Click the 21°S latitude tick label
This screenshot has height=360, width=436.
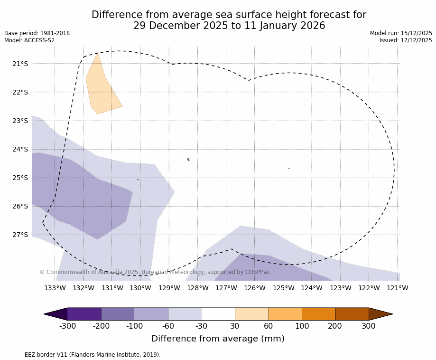point(20,64)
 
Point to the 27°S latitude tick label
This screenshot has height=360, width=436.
point(20,235)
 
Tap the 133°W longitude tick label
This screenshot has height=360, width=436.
point(55,288)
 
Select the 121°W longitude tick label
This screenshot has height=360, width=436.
point(398,288)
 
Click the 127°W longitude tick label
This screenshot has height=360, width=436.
point(226,288)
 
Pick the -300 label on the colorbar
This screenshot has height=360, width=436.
point(67,326)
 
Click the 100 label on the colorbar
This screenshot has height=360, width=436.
point(302,326)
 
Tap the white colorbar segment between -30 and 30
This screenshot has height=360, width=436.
point(218,314)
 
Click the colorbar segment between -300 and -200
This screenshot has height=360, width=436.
point(84,314)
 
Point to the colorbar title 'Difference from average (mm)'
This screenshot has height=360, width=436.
point(218,339)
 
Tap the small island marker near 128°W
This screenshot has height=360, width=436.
point(188,160)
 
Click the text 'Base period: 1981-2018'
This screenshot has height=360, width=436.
point(37,33)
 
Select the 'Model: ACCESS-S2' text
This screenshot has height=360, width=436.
point(29,40)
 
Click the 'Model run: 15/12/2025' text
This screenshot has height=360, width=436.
point(401,33)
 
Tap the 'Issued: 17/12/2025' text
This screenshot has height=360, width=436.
point(406,40)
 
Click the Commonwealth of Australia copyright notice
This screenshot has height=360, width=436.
point(154,272)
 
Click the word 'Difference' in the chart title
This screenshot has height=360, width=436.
point(114,15)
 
